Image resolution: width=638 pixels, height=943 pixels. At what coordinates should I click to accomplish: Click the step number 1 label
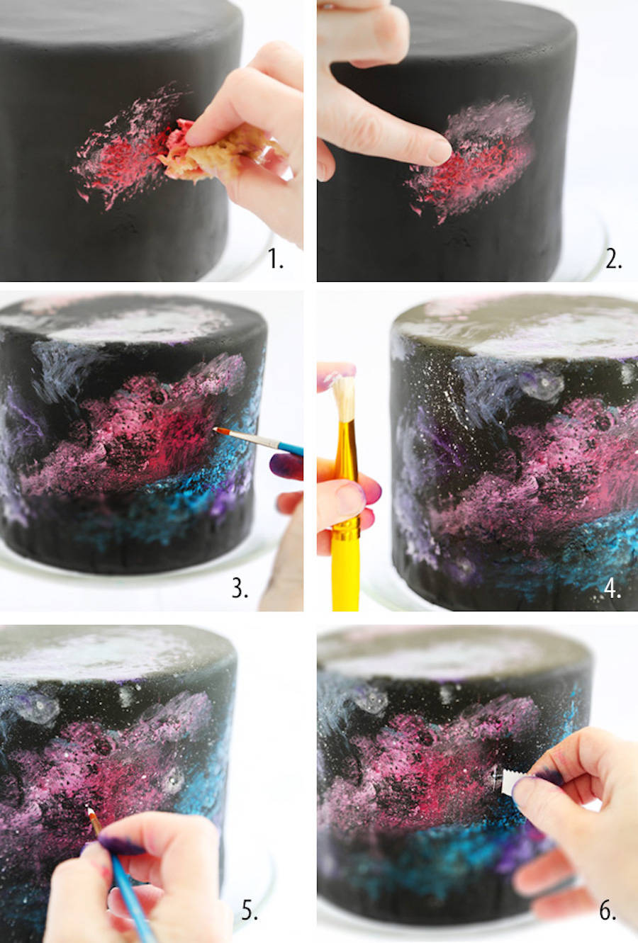(276, 259)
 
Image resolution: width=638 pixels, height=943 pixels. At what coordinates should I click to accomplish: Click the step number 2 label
(614, 259)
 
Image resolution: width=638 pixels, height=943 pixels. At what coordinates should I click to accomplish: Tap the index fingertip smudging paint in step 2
(438, 151)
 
